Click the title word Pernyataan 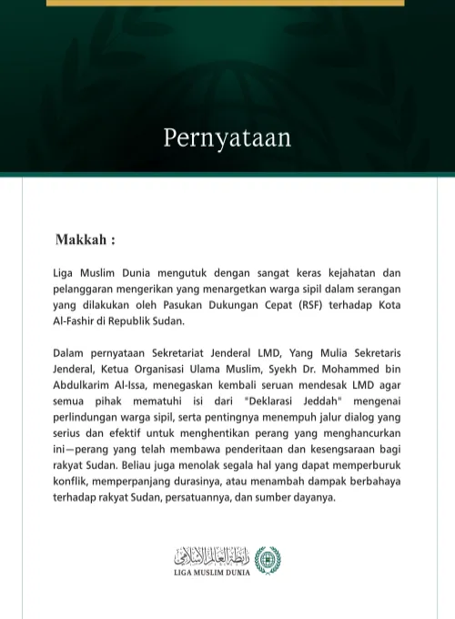coord(227,138)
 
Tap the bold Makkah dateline coord(85,240)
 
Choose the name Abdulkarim coord(84,385)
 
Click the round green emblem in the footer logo coord(268,559)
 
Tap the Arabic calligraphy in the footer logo coord(213,555)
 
